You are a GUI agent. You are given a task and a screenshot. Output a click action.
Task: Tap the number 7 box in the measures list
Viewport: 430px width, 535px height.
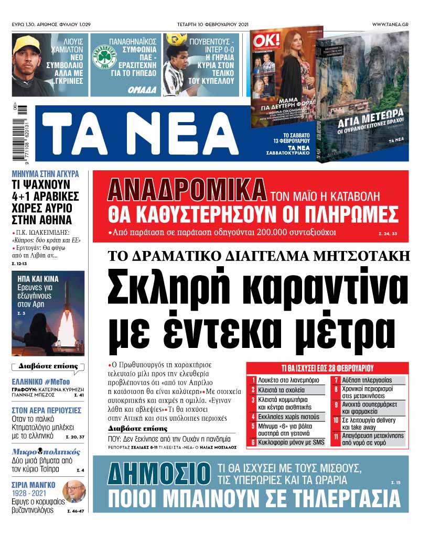[x=336, y=380]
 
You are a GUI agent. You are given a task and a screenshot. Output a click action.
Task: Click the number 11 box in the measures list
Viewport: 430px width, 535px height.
[x=336, y=439]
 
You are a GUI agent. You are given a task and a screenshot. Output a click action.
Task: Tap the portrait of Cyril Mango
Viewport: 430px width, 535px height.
[x=73, y=491]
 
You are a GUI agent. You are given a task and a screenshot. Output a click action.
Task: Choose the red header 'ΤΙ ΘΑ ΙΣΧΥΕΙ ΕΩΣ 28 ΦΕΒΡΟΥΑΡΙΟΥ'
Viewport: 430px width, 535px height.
[x=327, y=367]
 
